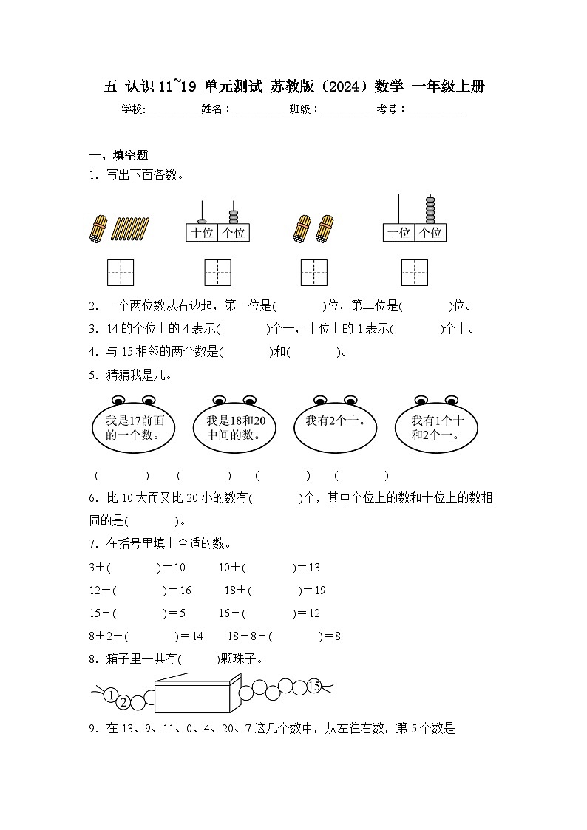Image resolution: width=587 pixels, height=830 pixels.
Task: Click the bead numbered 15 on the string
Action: (313, 686)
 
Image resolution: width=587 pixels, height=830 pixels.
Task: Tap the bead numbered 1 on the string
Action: (110, 695)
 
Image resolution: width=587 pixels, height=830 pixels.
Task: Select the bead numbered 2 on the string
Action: (123, 701)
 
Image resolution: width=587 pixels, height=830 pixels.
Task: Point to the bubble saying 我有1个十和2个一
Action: (437, 428)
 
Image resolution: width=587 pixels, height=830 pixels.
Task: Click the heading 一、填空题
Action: (118, 155)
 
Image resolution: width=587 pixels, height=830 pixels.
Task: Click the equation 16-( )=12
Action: (269, 613)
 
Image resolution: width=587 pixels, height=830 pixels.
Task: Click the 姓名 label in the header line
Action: (217, 109)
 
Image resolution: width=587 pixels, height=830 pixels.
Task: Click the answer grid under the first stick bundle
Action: (121, 273)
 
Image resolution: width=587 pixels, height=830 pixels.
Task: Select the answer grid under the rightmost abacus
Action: (415, 273)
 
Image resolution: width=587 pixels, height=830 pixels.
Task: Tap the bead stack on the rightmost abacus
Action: (430, 210)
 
